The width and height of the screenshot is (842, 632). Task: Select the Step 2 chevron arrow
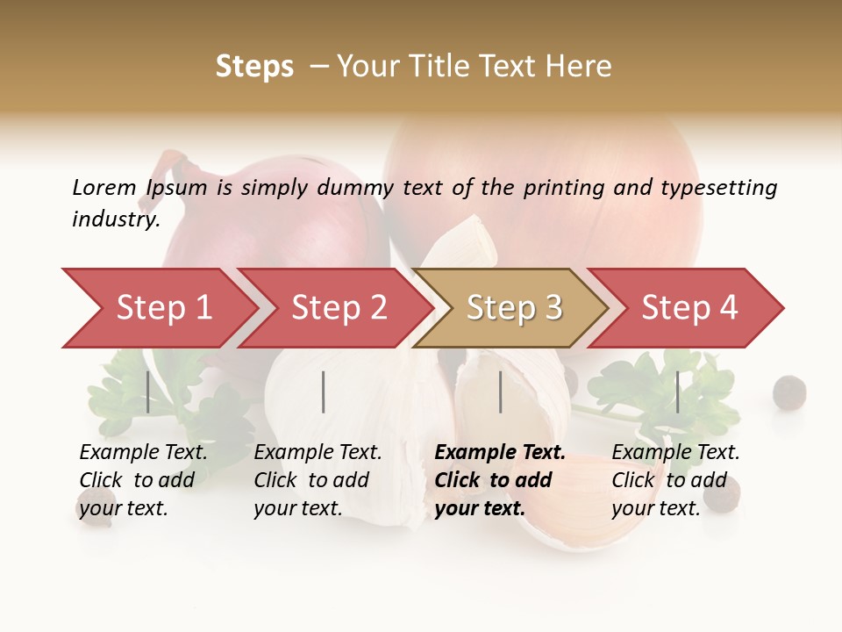pos(338,308)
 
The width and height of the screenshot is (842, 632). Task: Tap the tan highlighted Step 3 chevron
pos(513,308)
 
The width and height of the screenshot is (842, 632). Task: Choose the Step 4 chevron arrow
pos(689,308)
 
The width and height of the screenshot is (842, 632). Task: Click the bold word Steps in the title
pos(254,67)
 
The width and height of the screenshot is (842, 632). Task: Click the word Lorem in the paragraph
pos(104,188)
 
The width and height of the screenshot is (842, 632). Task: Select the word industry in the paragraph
pos(114,219)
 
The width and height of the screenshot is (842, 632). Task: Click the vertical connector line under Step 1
pos(148,391)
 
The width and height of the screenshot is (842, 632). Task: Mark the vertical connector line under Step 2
pos(324,391)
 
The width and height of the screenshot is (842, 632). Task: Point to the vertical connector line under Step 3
pos(500,391)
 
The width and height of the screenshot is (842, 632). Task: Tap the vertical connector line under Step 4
pos(677,391)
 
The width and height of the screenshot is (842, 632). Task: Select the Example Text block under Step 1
pos(143,480)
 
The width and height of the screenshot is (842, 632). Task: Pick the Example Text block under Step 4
pos(675,480)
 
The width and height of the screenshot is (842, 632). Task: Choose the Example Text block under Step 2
pos(318,480)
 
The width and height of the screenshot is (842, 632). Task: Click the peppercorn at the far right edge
pos(789,391)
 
